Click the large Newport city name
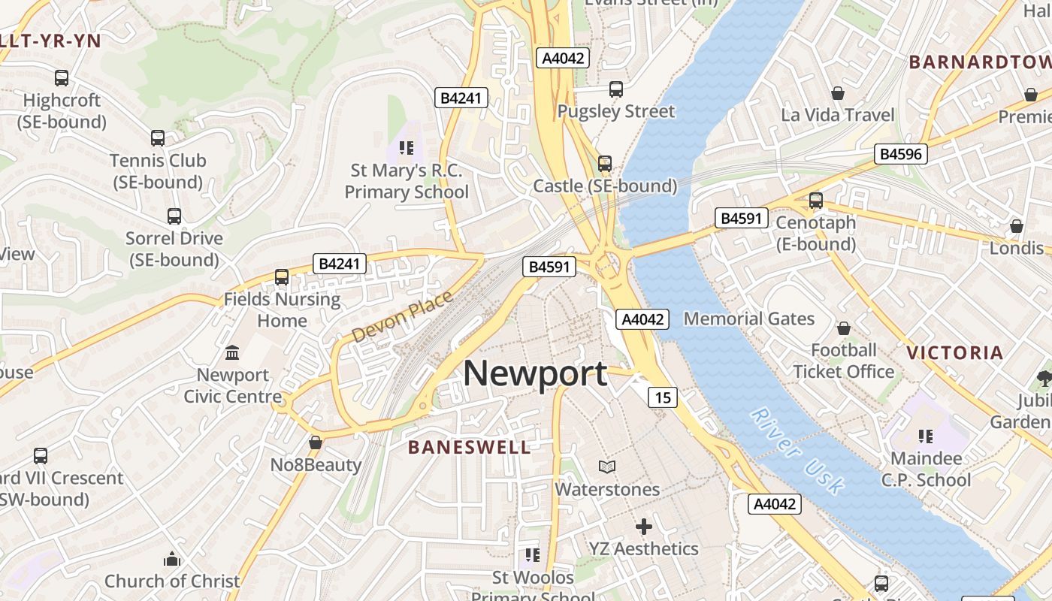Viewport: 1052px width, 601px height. coord(535,373)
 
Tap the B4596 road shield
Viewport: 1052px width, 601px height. coord(902,155)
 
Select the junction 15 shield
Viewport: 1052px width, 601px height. coord(662,397)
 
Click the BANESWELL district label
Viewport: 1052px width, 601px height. coord(469,448)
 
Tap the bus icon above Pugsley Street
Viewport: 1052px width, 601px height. coord(616,89)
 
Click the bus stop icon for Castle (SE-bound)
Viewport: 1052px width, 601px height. coord(605,163)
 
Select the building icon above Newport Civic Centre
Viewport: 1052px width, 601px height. coord(232,352)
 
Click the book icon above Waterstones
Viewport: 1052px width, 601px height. coord(607,467)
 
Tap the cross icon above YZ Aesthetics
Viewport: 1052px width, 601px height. coord(643,527)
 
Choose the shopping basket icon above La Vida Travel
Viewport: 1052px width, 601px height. coord(838,93)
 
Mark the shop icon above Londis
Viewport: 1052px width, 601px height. coord(1017,226)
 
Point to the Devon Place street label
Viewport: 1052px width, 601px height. coord(402,317)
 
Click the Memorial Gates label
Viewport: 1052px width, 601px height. coord(748,319)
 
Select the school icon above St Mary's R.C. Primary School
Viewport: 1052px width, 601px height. coord(407,148)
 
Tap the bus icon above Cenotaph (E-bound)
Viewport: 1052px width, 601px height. coord(816,201)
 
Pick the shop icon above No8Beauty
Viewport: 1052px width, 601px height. coord(316,442)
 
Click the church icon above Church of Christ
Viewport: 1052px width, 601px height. coord(172,559)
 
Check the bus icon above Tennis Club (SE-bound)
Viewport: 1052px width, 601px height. coord(157,138)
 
